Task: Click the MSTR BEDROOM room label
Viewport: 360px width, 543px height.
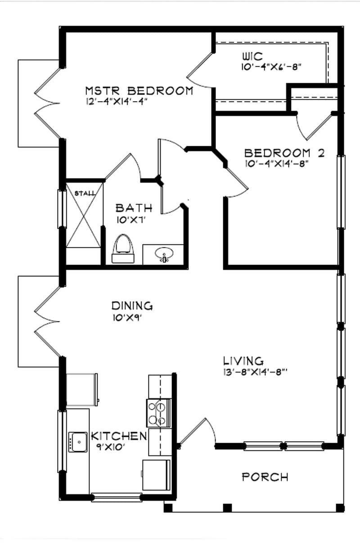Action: click(x=139, y=90)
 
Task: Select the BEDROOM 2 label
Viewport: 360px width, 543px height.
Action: click(x=283, y=153)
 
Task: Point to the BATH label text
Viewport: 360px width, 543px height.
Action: click(x=134, y=208)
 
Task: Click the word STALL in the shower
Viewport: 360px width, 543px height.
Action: click(x=85, y=193)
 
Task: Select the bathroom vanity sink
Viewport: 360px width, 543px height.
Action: click(x=164, y=255)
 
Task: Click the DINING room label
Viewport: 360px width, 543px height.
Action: click(x=132, y=306)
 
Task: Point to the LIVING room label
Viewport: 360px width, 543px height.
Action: click(x=243, y=361)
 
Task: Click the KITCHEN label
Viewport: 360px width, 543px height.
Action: click(x=119, y=436)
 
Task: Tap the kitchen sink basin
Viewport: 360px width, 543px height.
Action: click(x=77, y=442)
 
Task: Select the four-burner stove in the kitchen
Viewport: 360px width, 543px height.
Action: click(x=158, y=413)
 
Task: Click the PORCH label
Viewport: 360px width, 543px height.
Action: click(x=265, y=477)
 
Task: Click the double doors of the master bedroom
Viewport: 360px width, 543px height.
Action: click(x=47, y=103)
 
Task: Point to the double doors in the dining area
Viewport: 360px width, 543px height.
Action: click(x=47, y=321)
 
